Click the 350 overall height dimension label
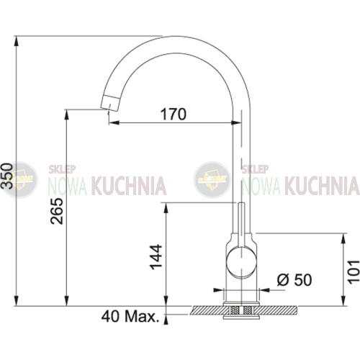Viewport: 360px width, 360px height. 7,176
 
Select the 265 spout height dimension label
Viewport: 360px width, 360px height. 57,211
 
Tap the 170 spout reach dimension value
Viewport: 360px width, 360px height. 174,114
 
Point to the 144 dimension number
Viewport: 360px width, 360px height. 156,257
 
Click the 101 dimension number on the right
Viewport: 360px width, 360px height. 354,271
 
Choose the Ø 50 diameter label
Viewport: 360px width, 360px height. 294,279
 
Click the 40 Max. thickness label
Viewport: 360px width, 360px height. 130,317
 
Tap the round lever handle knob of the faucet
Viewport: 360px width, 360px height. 241,263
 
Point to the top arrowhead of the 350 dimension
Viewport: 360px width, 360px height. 16,41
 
